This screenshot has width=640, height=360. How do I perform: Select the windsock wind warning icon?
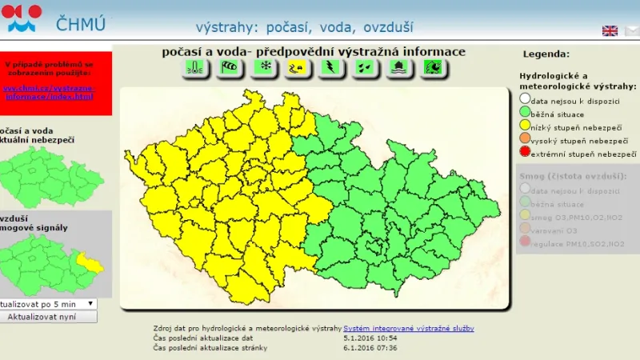[x=229, y=68]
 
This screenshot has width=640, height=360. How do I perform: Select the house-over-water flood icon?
[x=398, y=68]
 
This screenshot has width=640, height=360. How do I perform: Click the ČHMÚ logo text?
[x=80, y=22]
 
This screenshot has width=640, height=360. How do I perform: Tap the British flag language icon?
[x=610, y=30]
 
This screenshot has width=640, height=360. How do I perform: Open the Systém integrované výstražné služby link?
[x=408, y=329]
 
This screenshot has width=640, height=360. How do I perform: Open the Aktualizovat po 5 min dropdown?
[x=48, y=303]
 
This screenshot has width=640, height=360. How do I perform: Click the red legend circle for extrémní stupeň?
[x=525, y=153]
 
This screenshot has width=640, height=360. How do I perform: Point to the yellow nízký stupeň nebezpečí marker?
[x=525, y=126]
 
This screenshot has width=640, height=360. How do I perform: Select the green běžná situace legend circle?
[x=525, y=114]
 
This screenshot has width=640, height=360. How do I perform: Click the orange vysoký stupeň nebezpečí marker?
[x=525, y=140]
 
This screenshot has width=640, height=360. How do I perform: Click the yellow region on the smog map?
[x=90, y=262]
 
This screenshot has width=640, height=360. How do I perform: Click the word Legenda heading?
[x=546, y=54]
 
